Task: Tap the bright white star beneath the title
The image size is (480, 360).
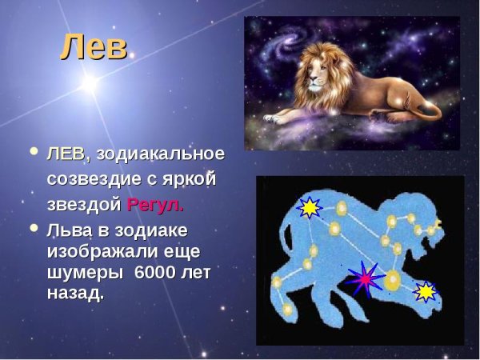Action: click(x=89, y=82)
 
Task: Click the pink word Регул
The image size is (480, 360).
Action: click(x=155, y=204)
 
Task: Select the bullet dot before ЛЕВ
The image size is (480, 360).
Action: click(x=33, y=150)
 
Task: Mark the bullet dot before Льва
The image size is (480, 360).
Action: click(x=33, y=229)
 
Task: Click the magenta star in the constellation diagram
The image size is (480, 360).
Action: click(x=366, y=278)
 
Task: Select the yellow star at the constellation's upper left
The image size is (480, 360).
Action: click(x=308, y=208)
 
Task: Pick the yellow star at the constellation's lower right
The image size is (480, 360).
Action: click(x=426, y=291)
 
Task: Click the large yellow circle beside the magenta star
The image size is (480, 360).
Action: click(x=393, y=281)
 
